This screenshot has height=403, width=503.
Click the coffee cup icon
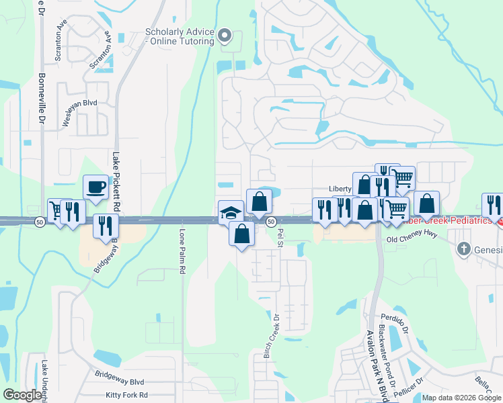coord(95,186)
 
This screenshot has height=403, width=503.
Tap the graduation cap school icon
coord(231,212)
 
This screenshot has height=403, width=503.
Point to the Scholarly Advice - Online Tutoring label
coord(180,36)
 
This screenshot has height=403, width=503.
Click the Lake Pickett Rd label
coord(116,176)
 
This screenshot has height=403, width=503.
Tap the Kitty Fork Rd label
coord(126,396)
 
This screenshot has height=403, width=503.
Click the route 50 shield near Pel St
coord(270,222)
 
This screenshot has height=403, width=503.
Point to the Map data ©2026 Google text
coord(461,398)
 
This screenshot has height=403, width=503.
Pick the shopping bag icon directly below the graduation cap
coord(242,234)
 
